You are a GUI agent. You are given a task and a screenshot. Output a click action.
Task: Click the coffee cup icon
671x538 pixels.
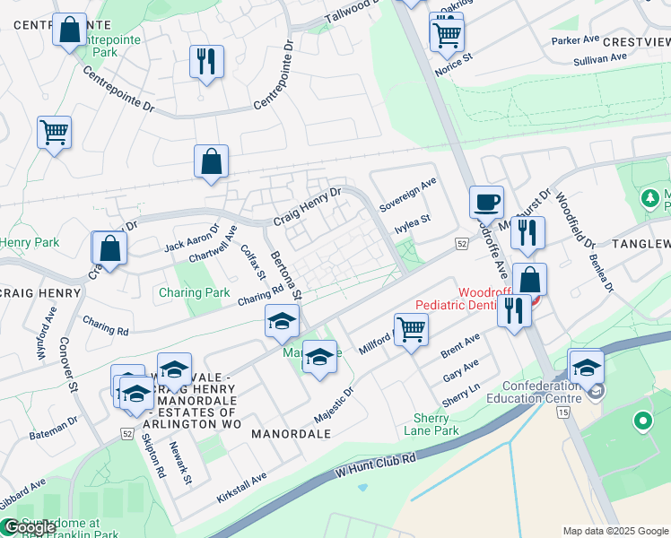coord(487,201)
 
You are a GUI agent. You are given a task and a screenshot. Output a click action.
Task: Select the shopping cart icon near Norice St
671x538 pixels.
coord(446,33)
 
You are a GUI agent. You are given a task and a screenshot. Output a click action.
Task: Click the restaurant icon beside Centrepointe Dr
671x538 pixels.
coord(207,61)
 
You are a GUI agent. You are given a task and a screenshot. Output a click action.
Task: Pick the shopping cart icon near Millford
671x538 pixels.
coord(411,329)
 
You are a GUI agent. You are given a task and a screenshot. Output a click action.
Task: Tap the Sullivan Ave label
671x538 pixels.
coord(600,58)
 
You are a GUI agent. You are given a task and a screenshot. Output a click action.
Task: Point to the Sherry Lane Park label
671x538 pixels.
coord(436,424)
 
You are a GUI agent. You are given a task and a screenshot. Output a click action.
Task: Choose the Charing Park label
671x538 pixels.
coord(195,292)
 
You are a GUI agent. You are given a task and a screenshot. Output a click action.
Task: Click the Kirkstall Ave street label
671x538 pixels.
coord(241,490)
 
